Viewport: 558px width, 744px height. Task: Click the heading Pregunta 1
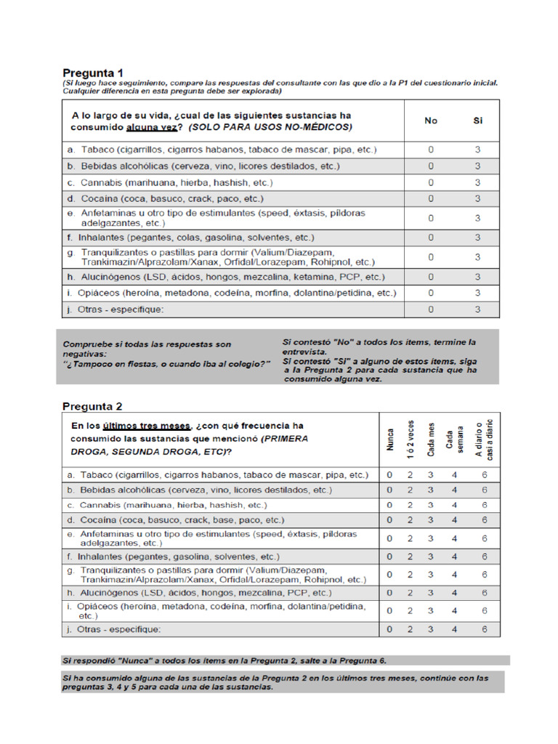pos(92,73)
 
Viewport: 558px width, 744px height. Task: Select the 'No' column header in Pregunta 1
pos(431,121)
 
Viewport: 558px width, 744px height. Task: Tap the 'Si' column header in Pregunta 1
pos(477,121)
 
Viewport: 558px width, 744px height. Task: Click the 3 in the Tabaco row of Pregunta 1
pos(477,150)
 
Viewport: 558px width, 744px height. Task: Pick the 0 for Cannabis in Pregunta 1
pos(431,182)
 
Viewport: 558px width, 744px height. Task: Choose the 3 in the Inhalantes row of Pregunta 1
pos(477,238)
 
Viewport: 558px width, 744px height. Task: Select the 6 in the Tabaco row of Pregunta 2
pos(484,474)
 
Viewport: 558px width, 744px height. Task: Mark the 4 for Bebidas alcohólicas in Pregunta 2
pos(454,490)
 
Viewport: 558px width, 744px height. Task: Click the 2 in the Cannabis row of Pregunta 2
pos(410,505)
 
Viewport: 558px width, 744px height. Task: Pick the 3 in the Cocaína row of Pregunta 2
pos(430,520)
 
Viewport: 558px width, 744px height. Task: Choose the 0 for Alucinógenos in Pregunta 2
pos(389,593)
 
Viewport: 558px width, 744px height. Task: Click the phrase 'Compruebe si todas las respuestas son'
pos(147,344)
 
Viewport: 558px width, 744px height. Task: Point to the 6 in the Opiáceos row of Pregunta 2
pos(484,611)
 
